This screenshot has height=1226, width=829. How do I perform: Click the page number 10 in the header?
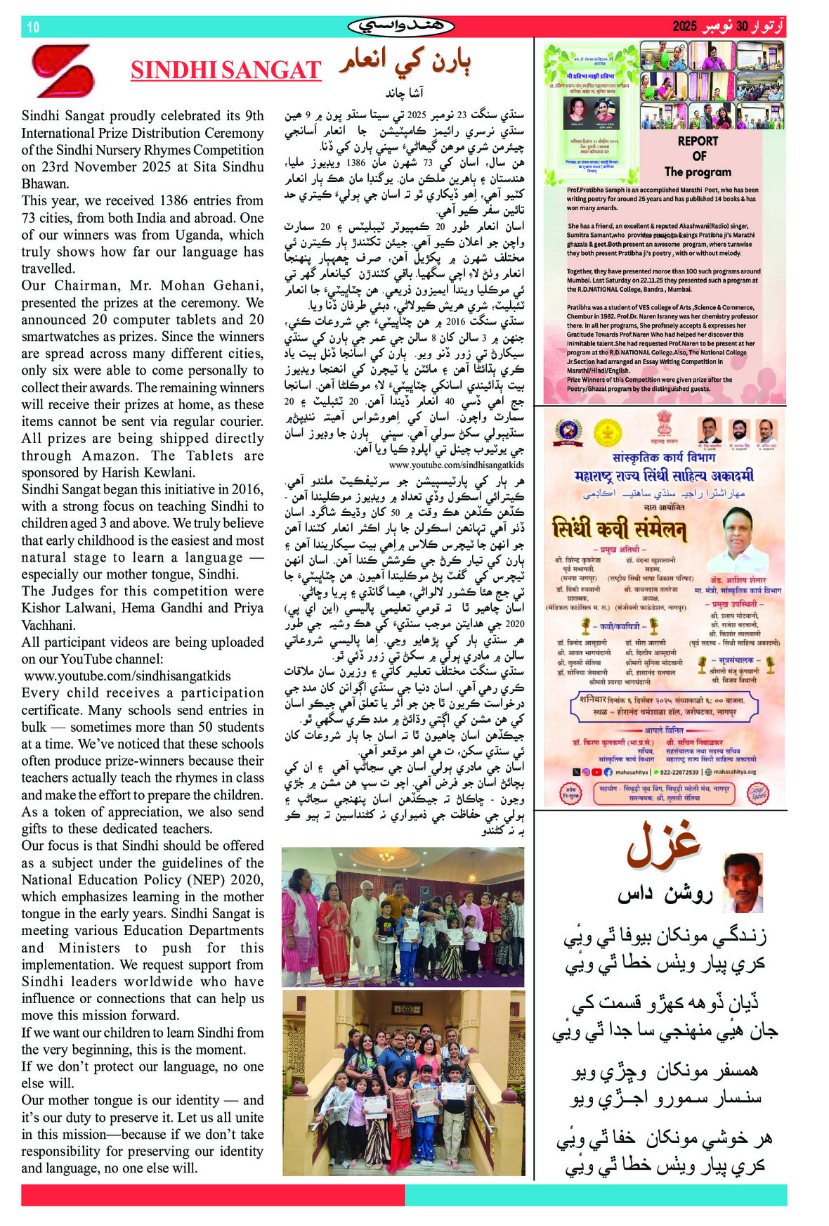pos(33,27)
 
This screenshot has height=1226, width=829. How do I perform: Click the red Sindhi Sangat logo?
pos(63,70)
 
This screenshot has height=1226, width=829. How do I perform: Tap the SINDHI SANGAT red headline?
pos(226,70)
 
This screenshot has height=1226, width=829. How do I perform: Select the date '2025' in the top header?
pos(684,27)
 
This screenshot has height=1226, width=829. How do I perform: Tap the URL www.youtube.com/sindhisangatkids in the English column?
pos(127,676)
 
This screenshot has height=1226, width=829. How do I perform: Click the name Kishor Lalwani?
pos(53,608)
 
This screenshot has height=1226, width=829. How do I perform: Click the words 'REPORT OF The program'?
pos(697,156)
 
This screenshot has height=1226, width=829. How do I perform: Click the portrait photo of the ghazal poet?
pos(743,883)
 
